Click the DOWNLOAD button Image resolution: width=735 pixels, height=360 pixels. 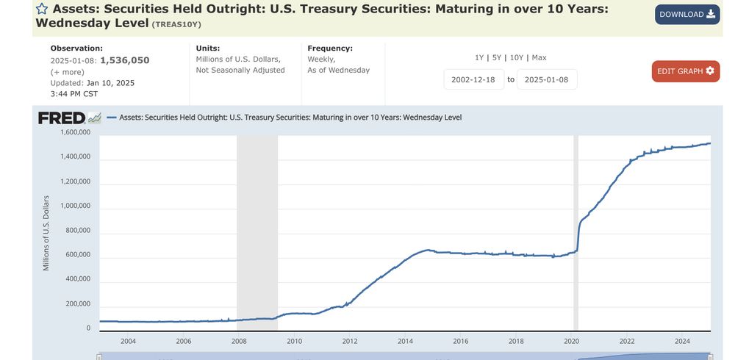click(x=687, y=15)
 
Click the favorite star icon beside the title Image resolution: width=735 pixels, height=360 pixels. click(x=42, y=9)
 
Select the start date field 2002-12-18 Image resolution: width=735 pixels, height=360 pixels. click(x=474, y=79)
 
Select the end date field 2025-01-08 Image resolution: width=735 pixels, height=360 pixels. click(x=547, y=79)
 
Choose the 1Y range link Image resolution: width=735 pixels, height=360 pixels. click(x=479, y=57)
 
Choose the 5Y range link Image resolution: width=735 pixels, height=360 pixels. click(x=496, y=57)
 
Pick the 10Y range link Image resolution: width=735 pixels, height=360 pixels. click(x=517, y=57)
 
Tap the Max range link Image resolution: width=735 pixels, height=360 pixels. click(x=539, y=57)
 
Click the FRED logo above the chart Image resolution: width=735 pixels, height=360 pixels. click(x=69, y=118)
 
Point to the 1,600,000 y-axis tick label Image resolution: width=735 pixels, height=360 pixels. click(x=76, y=132)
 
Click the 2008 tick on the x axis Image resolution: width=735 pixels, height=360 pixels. click(x=239, y=341)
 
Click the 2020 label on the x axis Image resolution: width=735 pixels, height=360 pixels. click(x=572, y=341)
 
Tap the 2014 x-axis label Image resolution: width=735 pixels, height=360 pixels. click(x=405, y=341)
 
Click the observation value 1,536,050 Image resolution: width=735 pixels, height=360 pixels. click(x=124, y=60)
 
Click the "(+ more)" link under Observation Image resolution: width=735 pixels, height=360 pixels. click(x=67, y=72)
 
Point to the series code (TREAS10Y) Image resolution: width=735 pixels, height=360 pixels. click(x=176, y=24)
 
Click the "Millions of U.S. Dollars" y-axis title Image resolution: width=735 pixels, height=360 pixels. click(x=46, y=233)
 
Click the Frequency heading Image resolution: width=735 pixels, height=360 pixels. click(x=330, y=48)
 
